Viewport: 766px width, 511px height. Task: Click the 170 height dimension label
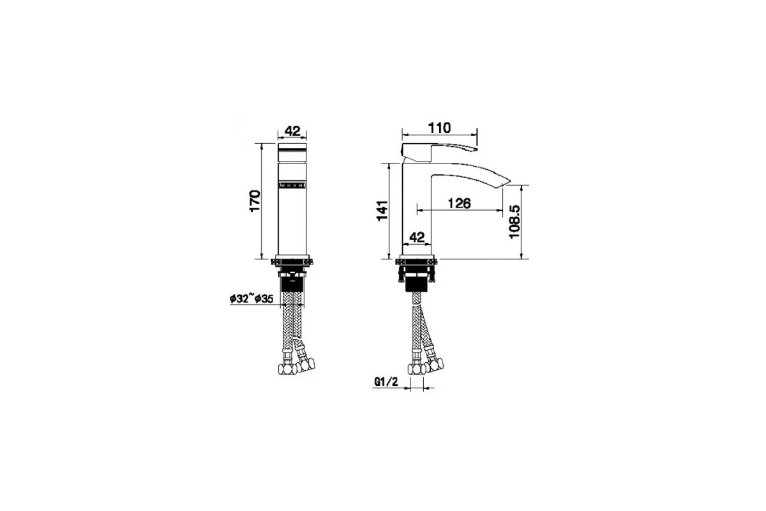[x=255, y=201]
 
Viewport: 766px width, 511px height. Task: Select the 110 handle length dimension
[x=439, y=128]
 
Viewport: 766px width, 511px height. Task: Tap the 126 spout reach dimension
[x=459, y=203]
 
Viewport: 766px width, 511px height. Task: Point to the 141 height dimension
[x=382, y=211]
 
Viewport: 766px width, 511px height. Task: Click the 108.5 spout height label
[x=514, y=222]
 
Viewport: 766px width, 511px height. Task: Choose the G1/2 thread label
[x=386, y=381]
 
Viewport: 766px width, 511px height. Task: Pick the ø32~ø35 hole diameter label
[x=252, y=299]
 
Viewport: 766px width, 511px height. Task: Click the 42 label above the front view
[x=292, y=131]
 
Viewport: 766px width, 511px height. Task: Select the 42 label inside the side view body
[x=417, y=237]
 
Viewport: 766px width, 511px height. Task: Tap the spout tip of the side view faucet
[x=507, y=181]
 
